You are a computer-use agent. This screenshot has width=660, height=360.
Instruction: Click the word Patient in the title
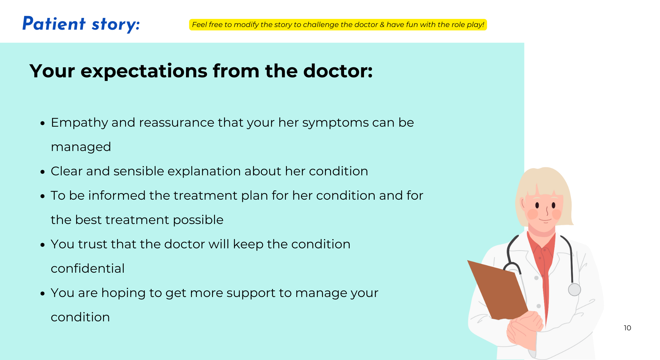coord(54,24)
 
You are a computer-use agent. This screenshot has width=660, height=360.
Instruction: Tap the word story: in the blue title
coord(116,25)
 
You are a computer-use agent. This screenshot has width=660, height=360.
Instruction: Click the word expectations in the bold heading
coord(144,71)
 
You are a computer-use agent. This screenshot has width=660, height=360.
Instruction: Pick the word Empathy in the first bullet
coord(79,123)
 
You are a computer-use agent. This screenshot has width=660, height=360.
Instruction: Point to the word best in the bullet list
coord(88,220)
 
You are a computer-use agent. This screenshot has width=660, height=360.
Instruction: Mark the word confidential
coord(88,269)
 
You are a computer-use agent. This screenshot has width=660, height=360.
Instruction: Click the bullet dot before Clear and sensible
coord(42,172)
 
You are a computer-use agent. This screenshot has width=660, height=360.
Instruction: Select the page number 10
coord(627,328)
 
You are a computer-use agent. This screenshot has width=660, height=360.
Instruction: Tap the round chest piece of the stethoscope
coord(574,289)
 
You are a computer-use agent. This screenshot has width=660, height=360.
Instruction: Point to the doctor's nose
coord(547,211)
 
